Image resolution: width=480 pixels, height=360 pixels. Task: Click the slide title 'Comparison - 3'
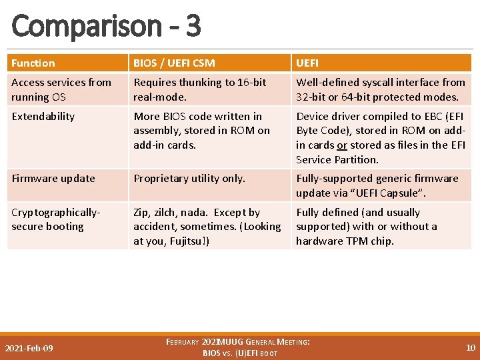pos(106,26)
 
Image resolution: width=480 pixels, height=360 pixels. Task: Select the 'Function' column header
pos(33,63)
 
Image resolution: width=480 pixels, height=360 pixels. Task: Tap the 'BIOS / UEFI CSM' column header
pos(174,63)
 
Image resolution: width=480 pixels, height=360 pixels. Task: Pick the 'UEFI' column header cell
pos(307,63)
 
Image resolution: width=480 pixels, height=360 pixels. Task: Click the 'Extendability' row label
pos(43,117)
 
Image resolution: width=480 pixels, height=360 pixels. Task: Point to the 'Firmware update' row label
pos(53,179)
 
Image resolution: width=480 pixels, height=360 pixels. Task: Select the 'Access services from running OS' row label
pos(61,89)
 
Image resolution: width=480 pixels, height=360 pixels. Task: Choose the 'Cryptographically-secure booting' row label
pos(55,219)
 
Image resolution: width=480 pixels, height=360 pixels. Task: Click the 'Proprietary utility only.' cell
pos(189,179)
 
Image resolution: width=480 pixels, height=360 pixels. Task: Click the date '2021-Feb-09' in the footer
pos(29,348)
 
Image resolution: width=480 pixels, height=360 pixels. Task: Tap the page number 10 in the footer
pos(470,347)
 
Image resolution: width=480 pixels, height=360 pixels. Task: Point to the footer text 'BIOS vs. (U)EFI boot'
pos(240,353)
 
